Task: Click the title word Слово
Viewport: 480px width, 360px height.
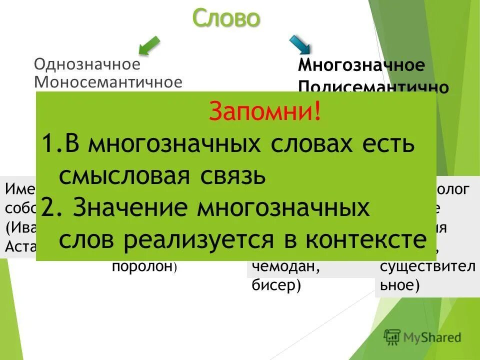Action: click(226, 18)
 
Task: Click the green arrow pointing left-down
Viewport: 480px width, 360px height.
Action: click(149, 45)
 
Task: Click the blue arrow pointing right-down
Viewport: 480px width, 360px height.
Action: click(300, 44)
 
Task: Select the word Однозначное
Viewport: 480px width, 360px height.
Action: click(86, 64)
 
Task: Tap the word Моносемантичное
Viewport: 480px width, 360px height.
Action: click(107, 82)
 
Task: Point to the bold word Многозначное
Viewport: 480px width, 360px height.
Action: click(361, 65)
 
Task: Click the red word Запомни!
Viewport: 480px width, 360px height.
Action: click(265, 111)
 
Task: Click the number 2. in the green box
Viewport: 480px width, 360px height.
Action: click(51, 207)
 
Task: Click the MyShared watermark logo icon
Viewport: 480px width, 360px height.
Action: click(392, 336)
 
